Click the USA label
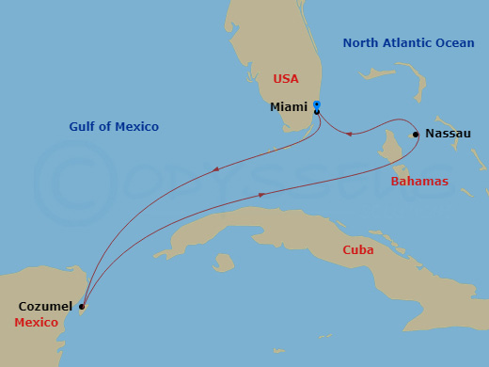[286, 79]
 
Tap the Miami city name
[289, 107]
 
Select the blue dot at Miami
[317, 104]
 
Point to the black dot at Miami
[317, 112]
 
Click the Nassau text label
[448, 134]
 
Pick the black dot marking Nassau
[416, 135]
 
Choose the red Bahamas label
[419, 181]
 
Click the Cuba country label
[357, 250]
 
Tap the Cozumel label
[45, 307]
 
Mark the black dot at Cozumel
[82, 307]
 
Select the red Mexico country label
[36, 323]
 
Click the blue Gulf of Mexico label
[114, 127]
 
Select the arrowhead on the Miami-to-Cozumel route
[216, 170]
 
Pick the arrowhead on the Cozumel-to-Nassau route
[262, 195]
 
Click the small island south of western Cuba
[224, 263]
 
